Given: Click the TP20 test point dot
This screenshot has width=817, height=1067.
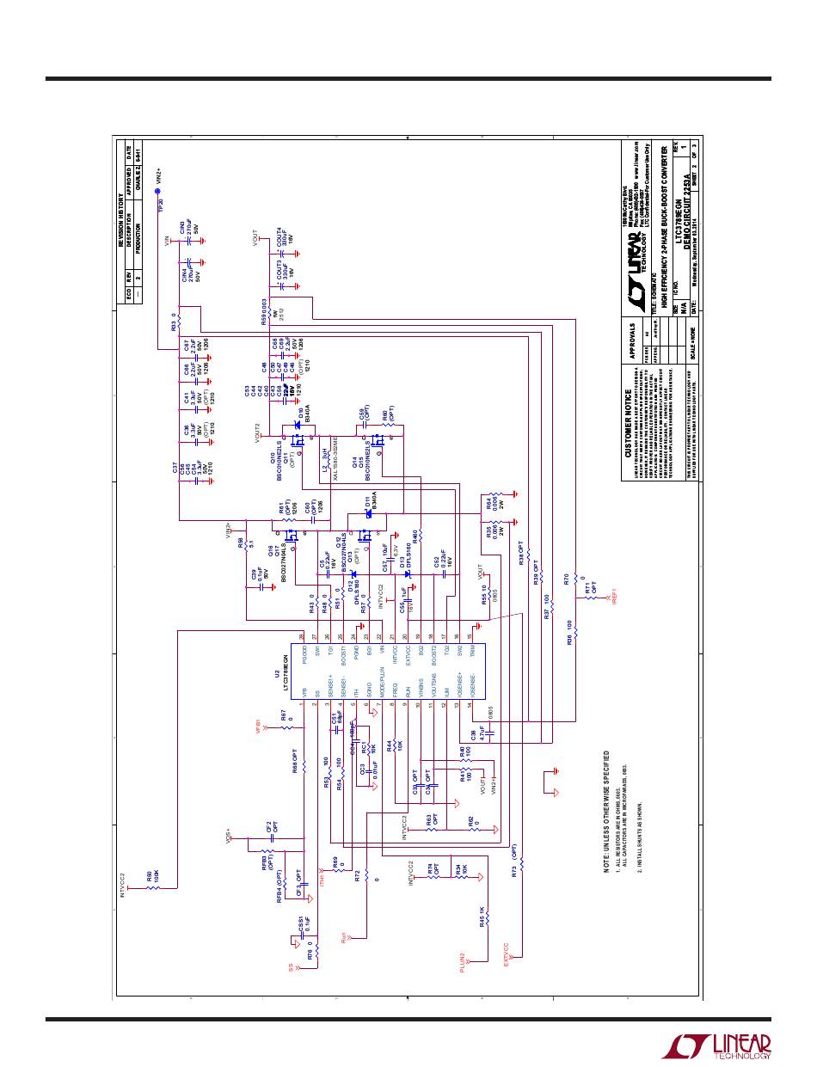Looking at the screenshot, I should (158, 193).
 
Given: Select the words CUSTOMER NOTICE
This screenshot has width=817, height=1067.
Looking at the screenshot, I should (629, 424).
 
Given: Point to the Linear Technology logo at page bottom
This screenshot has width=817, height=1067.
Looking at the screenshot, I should (716, 1046).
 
